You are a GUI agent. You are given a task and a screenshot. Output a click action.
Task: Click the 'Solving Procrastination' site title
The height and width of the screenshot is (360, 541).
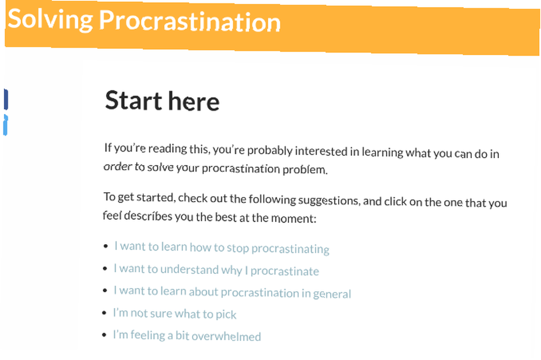coord(144,21)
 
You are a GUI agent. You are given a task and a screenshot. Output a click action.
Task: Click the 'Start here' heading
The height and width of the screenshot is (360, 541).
coord(162,101)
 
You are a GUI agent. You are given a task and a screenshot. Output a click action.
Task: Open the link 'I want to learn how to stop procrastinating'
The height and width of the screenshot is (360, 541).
coord(222,247)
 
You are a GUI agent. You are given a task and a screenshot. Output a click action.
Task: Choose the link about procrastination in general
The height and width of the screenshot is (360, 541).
coord(232,292)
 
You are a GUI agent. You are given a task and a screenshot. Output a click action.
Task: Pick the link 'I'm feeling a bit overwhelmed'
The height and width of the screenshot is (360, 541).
coord(187,336)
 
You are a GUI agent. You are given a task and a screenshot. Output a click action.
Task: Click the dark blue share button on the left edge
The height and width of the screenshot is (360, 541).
coord(5,100)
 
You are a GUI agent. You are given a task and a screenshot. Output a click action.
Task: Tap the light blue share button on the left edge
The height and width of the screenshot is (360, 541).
coord(5,125)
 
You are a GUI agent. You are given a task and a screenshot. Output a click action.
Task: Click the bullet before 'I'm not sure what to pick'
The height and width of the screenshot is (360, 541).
coord(104,313)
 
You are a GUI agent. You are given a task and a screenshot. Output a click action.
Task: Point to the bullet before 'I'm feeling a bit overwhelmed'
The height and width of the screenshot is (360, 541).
coord(104,335)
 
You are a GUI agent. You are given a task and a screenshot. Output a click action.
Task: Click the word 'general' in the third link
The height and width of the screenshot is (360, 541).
coord(332,294)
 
